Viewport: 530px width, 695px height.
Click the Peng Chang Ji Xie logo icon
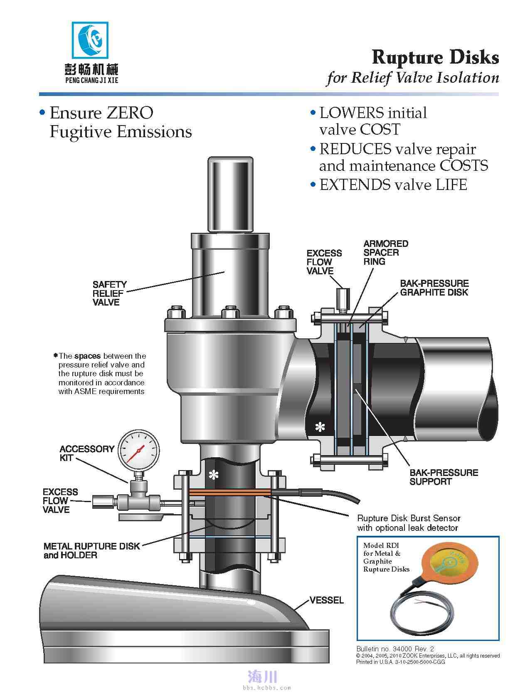90,41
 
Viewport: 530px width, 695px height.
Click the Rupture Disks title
435,57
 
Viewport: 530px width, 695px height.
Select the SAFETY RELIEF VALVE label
109,293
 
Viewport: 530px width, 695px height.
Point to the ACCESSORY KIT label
86,453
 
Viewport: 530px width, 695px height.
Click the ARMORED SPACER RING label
385,252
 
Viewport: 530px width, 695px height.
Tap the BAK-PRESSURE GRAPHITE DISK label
434,288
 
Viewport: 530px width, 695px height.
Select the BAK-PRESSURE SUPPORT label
444,477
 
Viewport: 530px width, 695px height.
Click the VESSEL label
326,600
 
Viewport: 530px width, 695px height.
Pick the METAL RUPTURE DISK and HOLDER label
91,550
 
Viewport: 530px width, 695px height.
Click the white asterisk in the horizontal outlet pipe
320,427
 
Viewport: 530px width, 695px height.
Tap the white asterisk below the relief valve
213,475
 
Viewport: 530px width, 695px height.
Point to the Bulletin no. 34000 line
395,648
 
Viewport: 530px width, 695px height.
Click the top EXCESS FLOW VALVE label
324,262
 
